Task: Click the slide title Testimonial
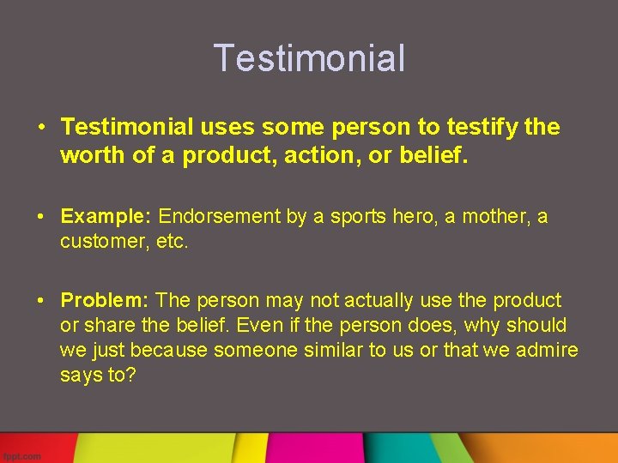(x=309, y=58)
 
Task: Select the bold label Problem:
(x=106, y=300)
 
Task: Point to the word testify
(x=482, y=128)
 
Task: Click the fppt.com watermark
(x=21, y=456)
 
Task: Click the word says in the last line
(x=80, y=376)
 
